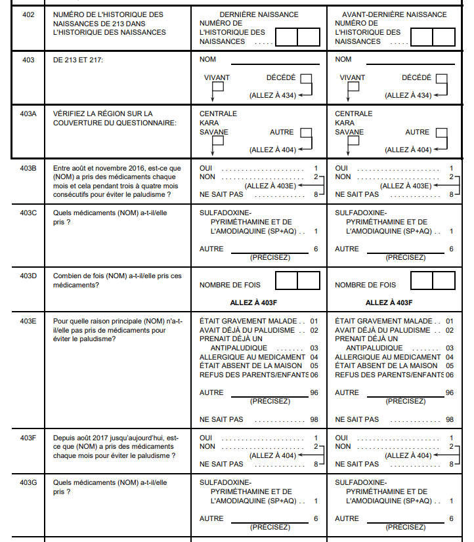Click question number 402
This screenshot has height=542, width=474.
28,14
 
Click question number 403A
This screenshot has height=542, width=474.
28,114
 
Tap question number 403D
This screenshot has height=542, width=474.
28,276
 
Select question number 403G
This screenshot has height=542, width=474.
28,483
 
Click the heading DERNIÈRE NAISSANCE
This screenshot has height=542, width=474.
259,14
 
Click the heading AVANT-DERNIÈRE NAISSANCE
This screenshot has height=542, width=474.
395,14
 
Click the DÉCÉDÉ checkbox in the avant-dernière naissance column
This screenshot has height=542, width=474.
442,79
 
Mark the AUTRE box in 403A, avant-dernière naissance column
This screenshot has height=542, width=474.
442,133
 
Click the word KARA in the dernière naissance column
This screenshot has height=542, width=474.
209,123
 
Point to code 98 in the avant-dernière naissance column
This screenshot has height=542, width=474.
450,419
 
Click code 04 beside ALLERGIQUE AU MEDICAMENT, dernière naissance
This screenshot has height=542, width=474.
314,357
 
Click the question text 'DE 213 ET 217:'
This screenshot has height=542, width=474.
81,60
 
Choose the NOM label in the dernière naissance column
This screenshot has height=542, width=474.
207,60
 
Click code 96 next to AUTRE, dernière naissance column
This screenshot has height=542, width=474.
314,393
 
